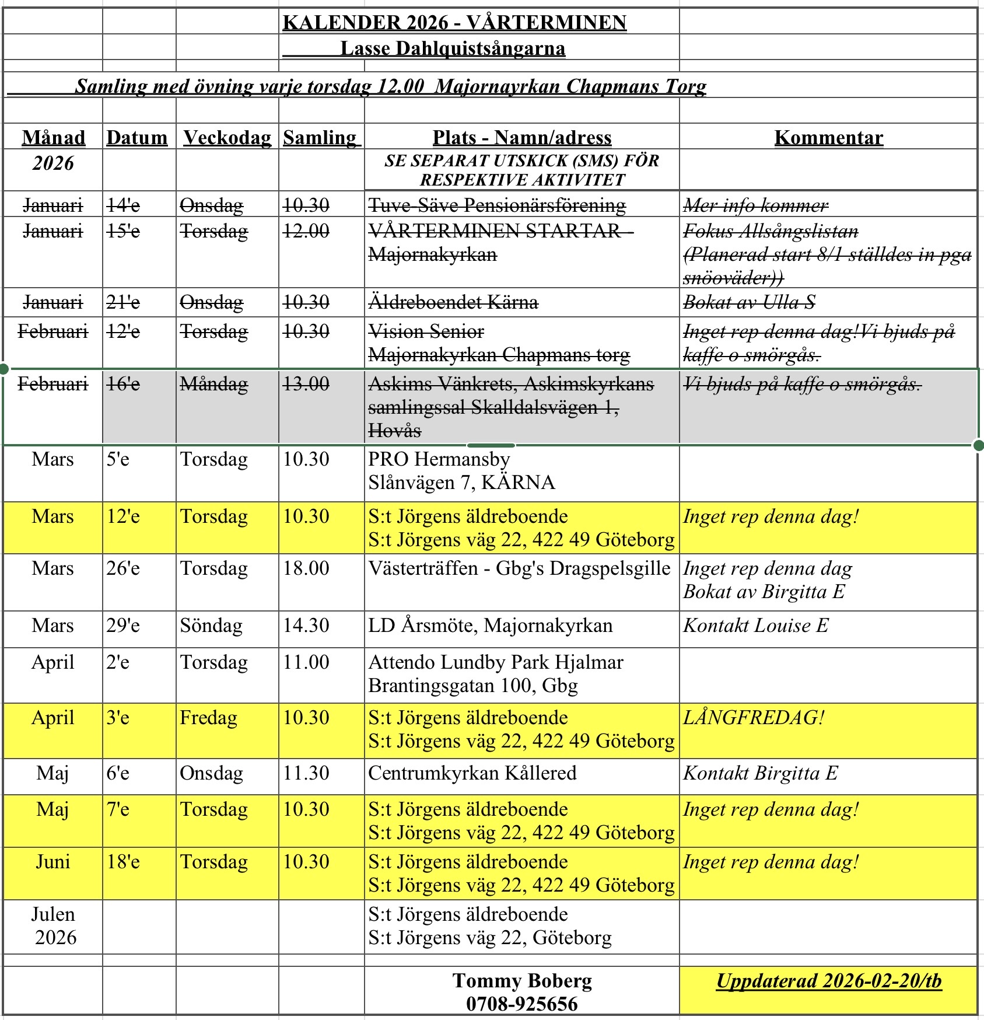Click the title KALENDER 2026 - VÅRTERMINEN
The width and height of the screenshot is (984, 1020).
[x=454, y=23]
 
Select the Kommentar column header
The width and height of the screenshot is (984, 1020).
[x=828, y=138]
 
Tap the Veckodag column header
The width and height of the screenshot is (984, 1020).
[x=227, y=138]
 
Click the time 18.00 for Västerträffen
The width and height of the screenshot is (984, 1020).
[x=306, y=568]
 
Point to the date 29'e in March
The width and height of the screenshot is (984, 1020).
[x=123, y=626]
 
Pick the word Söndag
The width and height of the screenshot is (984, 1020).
[x=211, y=626]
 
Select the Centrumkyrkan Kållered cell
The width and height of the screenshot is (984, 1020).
[x=472, y=773]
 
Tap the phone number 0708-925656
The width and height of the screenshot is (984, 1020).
[x=521, y=1004]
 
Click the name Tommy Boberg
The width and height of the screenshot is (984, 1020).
[x=522, y=981]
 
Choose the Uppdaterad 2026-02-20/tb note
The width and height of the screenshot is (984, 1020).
[x=828, y=981]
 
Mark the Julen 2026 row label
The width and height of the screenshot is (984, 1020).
[x=53, y=926]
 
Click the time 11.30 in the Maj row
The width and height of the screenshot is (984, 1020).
[x=306, y=773]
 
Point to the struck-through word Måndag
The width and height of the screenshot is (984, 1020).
[x=213, y=384]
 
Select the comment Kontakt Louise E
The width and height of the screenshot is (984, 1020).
[x=756, y=626]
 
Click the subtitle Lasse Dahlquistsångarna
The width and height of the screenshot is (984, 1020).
[x=453, y=48]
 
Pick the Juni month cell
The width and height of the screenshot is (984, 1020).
[x=53, y=862]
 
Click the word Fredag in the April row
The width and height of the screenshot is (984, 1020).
[x=208, y=718]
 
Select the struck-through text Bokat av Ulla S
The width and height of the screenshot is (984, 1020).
[x=749, y=302]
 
